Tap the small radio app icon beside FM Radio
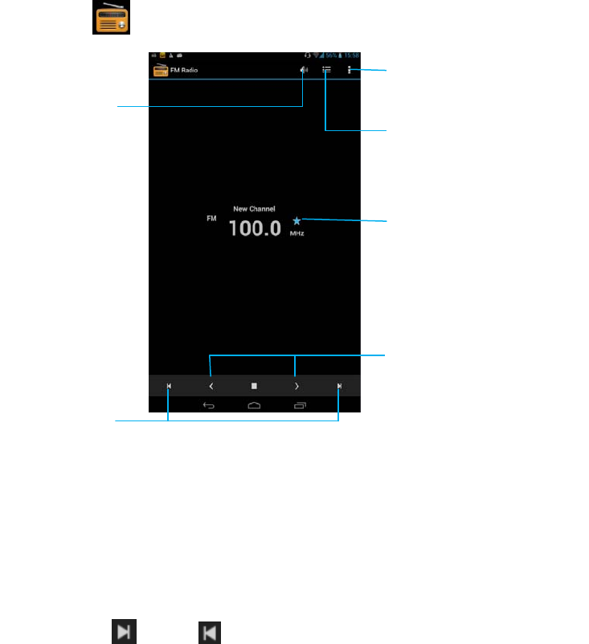(x=160, y=70)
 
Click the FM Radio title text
(x=183, y=71)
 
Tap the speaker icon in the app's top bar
(x=304, y=70)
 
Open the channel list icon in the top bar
(x=326, y=70)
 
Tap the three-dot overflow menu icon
(x=350, y=70)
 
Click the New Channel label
(x=254, y=209)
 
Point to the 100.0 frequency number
(x=255, y=228)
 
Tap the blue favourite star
(x=297, y=220)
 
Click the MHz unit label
(x=297, y=234)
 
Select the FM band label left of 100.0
(x=212, y=218)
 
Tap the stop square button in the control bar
(x=254, y=386)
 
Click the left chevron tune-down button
(x=211, y=386)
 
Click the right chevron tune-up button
(x=297, y=386)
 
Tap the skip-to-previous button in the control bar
(x=169, y=386)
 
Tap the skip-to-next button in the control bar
(x=339, y=386)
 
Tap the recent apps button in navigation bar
(x=301, y=405)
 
